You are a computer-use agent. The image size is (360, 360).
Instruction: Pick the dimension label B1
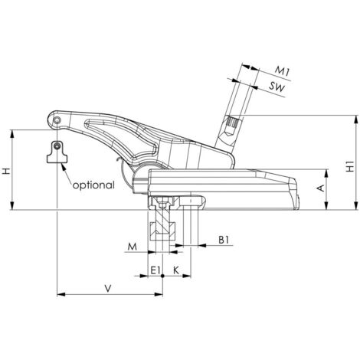coord(224,240)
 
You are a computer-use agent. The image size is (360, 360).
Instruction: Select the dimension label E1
coord(155,271)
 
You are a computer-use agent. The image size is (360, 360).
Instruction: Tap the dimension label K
coord(176,271)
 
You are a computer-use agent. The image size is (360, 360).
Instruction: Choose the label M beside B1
coord(132,247)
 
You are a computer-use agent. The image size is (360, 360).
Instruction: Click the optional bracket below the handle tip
coord(56,152)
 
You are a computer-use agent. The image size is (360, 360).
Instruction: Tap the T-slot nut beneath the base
coord(162,228)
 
